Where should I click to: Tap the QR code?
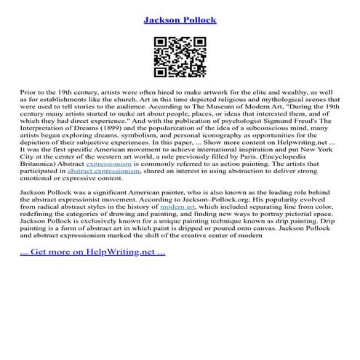179,56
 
